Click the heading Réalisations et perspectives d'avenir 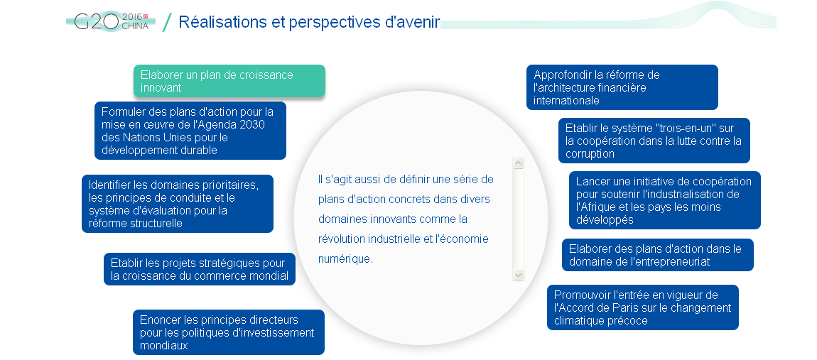309,22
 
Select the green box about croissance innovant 229,81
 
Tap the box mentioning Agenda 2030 190,131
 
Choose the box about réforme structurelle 178,204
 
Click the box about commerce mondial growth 200,269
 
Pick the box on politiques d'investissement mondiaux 229,332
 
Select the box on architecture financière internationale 622,87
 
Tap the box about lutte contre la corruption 654,141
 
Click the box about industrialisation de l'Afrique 665,200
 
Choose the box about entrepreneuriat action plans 658,255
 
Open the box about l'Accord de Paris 643,307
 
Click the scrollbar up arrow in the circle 518,163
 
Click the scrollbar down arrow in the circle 518,275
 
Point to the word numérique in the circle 345,259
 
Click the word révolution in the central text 341,239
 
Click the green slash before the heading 167,23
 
